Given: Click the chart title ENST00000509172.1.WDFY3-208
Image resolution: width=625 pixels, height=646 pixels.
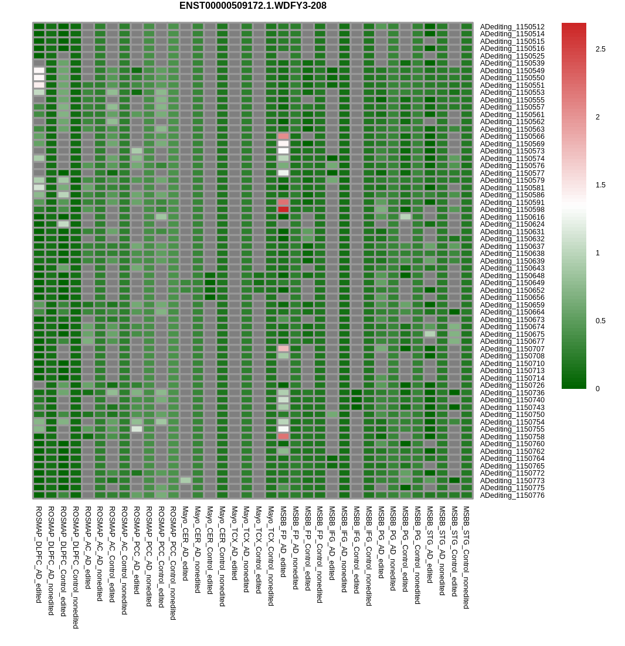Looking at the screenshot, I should click(x=253, y=6).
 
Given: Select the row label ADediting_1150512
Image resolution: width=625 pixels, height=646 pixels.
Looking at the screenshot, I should click(x=512, y=27).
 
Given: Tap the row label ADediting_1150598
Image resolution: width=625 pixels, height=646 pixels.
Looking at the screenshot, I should click(x=512, y=210).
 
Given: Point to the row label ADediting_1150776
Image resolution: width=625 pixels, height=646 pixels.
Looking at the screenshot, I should click(x=512, y=495).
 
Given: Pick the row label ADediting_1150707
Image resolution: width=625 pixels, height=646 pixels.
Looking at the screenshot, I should click(x=512, y=349).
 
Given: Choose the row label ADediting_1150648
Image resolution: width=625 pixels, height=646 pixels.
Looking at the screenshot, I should click(x=512, y=276).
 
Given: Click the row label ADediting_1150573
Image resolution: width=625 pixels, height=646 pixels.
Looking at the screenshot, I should click(x=512, y=151).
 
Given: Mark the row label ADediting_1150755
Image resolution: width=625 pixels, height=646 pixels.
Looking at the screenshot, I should click(x=512, y=429).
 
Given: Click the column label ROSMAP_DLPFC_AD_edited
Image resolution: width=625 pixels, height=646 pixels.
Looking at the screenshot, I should click(x=39, y=554).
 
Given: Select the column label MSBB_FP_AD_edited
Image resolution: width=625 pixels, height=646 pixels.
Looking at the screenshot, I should click(x=284, y=542).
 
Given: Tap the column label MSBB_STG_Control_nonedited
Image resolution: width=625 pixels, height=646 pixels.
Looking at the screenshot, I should click(x=467, y=557).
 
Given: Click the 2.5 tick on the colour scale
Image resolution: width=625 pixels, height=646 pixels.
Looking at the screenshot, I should click(x=600, y=49).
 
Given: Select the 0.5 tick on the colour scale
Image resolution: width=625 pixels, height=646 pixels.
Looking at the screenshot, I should click(x=600, y=321).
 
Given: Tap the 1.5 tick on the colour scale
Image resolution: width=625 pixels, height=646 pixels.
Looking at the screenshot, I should click(x=600, y=185).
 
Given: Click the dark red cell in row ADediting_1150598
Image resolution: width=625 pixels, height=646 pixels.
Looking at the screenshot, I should click(x=284, y=209).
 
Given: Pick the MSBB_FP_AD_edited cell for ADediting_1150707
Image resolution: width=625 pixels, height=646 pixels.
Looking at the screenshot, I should click(x=284, y=348).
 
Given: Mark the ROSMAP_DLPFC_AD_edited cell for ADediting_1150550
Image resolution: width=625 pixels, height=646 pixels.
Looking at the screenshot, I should click(x=39, y=77).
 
